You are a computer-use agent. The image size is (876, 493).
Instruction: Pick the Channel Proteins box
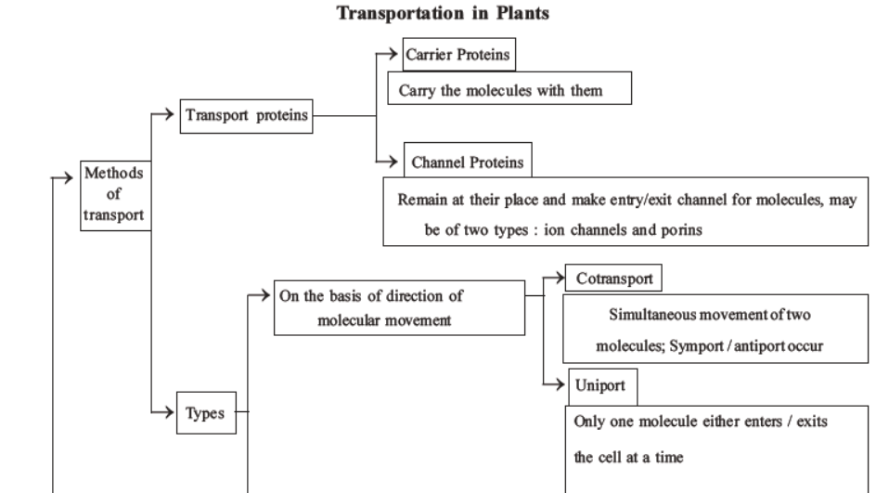[x=466, y=162]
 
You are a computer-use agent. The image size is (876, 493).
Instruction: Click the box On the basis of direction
[x=398, y=305]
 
